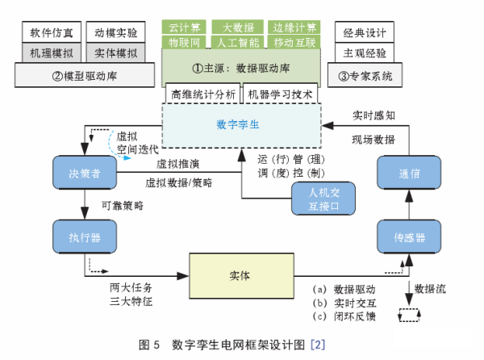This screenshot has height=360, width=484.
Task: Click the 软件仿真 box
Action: (x=50, y=34)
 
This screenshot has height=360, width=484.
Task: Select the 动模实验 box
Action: (x=115, y=34)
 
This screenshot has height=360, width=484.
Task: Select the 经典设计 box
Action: (x=364, y=34)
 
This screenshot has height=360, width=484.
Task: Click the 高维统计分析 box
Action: (x=203, y=94)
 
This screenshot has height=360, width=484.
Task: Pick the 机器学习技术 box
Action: (x=280, y=94)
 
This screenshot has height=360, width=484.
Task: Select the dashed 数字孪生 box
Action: (x=241, y=124)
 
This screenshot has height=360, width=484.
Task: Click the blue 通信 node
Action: (x=409, y=172)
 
